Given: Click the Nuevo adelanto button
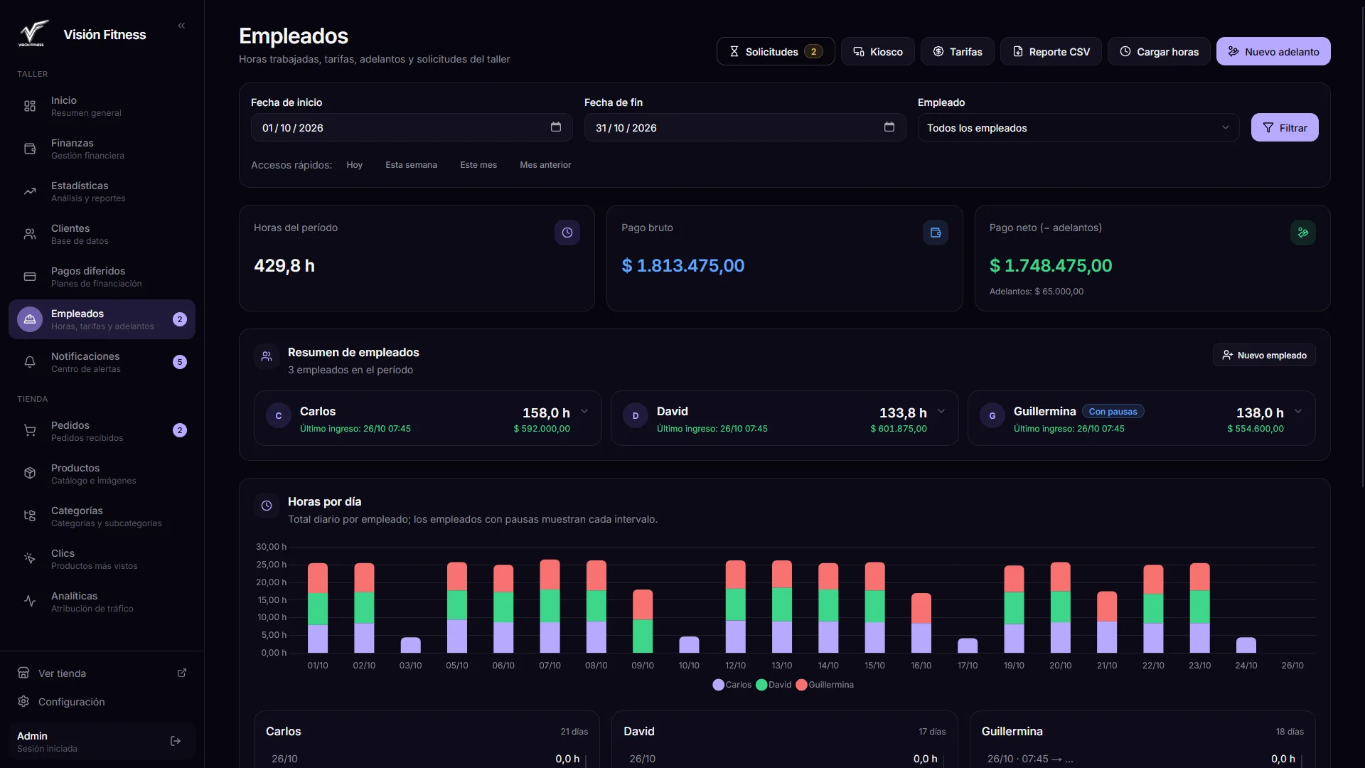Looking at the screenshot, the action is (1273, 51).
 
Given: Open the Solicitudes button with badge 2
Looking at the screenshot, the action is (776, 51).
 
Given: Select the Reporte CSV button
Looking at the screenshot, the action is (1051, 51).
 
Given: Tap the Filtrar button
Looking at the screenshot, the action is (1285, 127).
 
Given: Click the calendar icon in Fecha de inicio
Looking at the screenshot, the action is (556, 127).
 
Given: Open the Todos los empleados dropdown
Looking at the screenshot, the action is (1078, 127).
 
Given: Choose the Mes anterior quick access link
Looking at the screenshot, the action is (545, 165).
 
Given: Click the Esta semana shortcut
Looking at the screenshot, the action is (411, 165).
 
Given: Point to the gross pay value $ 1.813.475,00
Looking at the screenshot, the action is (683, 265).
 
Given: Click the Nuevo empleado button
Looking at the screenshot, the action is (1264, 355).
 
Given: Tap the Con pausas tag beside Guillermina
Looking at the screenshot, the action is (1113, 412).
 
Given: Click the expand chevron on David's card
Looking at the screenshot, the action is (941, 411).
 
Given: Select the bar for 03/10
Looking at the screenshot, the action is (410, 645).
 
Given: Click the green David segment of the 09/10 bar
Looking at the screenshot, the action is (643, 636).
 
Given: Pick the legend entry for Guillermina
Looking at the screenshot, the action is (825, 685).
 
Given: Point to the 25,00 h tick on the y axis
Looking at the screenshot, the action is (272, 565).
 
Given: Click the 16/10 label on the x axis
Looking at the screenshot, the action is (921, 666).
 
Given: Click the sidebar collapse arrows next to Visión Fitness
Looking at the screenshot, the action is (181, 26).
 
